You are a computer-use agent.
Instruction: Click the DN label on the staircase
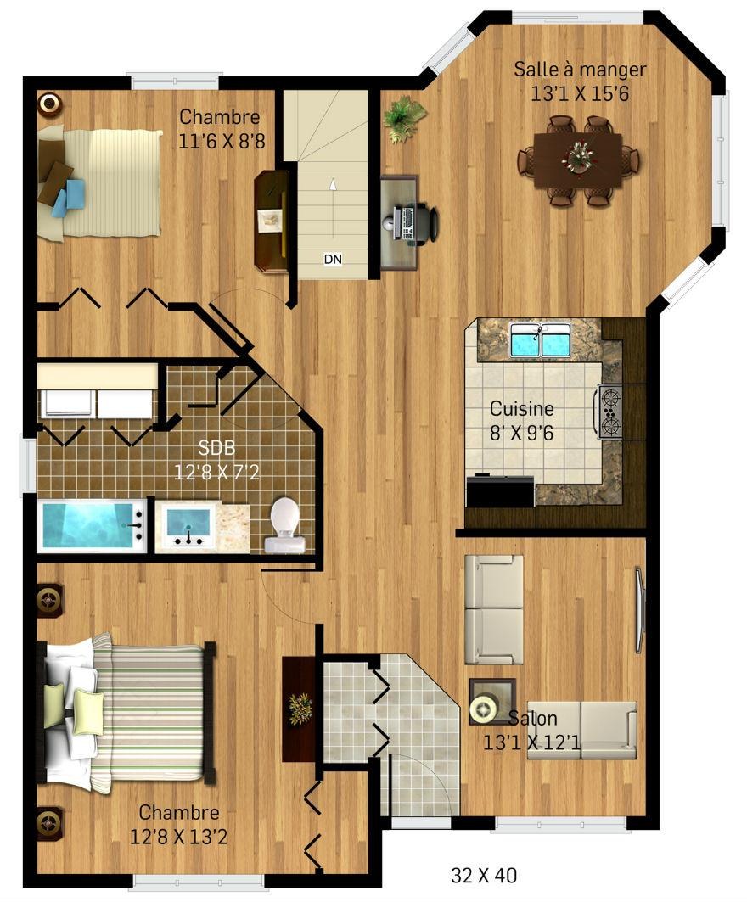point(333,259)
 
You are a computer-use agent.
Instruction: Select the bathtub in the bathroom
point(92,525)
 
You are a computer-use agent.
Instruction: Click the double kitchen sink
point(541,339)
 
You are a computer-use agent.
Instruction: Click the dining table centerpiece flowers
point(579,154)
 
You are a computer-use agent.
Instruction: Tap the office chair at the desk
point(426,224)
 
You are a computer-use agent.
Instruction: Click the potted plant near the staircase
point(405,118)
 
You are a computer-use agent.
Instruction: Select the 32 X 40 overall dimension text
point(483,875)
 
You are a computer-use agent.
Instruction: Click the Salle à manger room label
point(580,70)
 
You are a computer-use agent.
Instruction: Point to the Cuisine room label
point(521,408)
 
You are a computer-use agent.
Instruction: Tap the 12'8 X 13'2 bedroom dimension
point(178,836)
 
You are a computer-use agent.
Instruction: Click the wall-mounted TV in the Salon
point(639,610)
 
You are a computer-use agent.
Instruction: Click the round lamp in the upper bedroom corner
point(49,104)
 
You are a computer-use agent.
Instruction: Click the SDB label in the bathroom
point(216,448)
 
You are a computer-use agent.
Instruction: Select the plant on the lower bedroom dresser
point(300,709)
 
